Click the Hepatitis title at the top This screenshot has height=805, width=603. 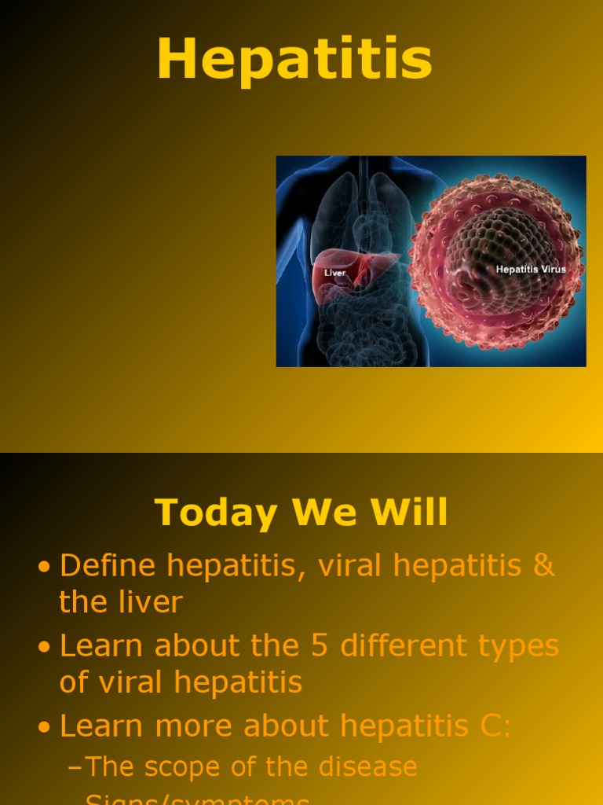(x=294, y=61)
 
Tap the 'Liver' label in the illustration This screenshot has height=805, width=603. (x=335, y=273)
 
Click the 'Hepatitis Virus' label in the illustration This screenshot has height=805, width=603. (x=530, y=270)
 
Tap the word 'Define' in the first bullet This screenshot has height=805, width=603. (x=108, y=566)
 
